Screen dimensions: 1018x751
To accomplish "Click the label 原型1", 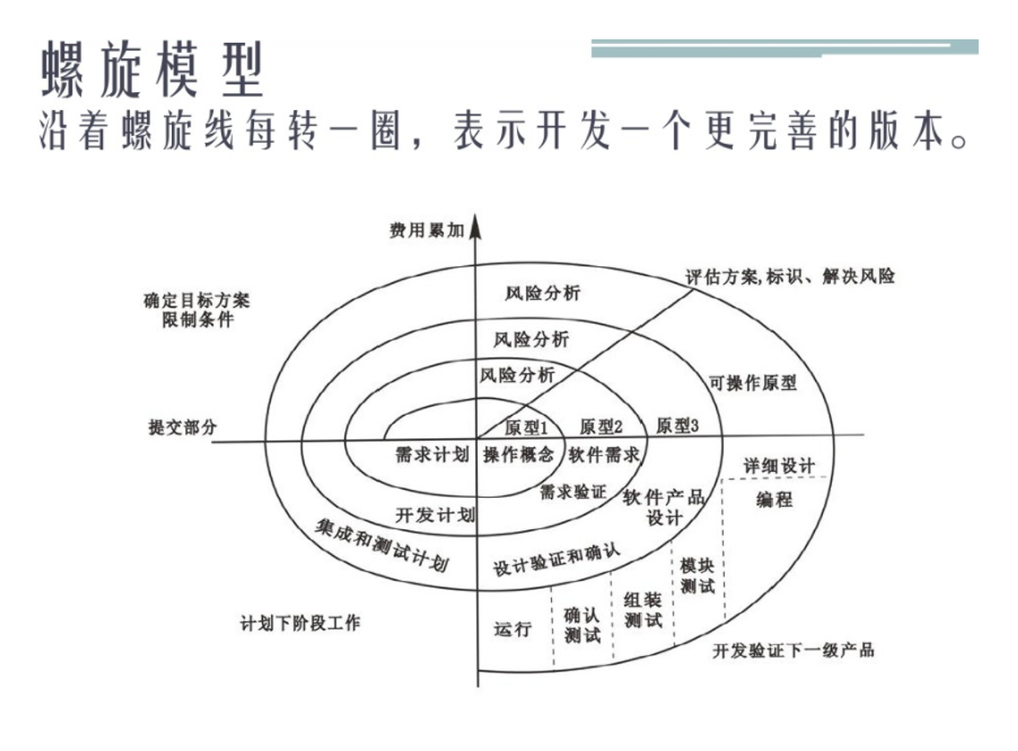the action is (525, 426).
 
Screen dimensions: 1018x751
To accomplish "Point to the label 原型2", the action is (601, 426).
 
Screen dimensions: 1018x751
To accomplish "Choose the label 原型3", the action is (677, 426).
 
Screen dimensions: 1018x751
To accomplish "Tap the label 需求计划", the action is (432, 454).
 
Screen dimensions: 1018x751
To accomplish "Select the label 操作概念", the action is (519, 454).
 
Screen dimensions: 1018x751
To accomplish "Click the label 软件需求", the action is (605, 454).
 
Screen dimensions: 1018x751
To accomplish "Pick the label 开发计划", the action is (435, 515).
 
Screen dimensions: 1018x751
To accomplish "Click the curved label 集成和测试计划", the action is (382, 544).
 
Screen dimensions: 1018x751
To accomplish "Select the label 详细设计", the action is (779, 466).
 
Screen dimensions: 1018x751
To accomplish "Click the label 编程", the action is (775, 500).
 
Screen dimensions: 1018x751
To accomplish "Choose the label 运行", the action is (513, 629).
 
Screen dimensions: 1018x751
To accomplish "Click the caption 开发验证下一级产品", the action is (793, 650).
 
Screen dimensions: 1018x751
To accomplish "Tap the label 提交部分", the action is (182, 426).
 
